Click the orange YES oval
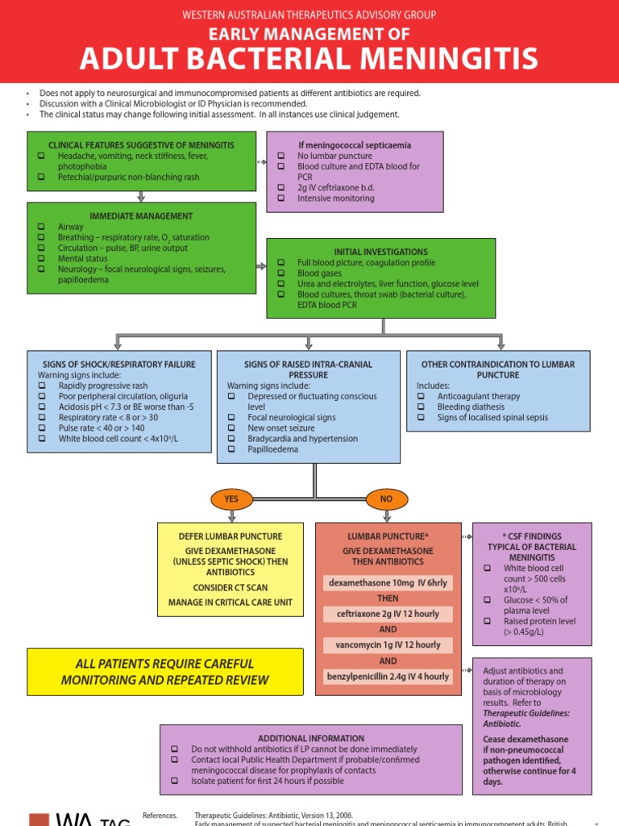231,499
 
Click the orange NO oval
386,499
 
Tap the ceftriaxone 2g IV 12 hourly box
388,614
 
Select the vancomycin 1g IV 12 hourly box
388,645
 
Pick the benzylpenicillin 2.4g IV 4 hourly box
388,676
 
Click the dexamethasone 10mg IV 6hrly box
388,583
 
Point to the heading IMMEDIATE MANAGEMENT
141,216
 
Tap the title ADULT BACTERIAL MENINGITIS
309,58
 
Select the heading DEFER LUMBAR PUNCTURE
231,536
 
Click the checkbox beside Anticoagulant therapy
421,397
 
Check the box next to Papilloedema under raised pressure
231,449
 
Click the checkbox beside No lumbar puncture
281,156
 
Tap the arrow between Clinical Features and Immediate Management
141,196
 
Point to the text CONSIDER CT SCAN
231,587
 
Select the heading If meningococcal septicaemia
355,145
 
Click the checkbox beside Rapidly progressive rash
42,386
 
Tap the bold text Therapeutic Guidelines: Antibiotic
526,719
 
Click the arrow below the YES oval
231,516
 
